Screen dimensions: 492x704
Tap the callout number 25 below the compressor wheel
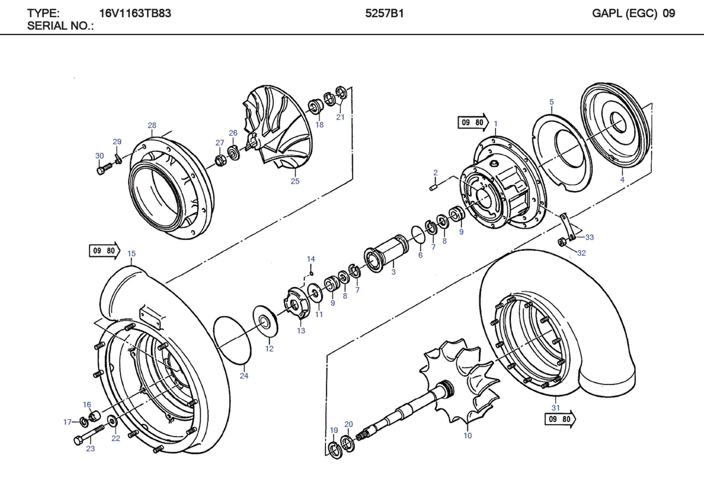[x=295, y=181]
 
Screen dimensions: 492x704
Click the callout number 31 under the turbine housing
[x=556, y=408]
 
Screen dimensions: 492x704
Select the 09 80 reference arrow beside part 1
[x=472, y=122]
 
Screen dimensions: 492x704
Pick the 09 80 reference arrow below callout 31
[x=560, y=419]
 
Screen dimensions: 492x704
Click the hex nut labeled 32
[x=562, y=242]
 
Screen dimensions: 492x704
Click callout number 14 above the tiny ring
[x=311, y=259]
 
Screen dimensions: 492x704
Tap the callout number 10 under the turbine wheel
[x=468, y=435]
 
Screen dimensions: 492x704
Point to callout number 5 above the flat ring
[x=552, y=102]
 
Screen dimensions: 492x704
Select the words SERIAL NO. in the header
[x=60, y=26]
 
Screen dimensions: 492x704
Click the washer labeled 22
[x=112, y=421]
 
